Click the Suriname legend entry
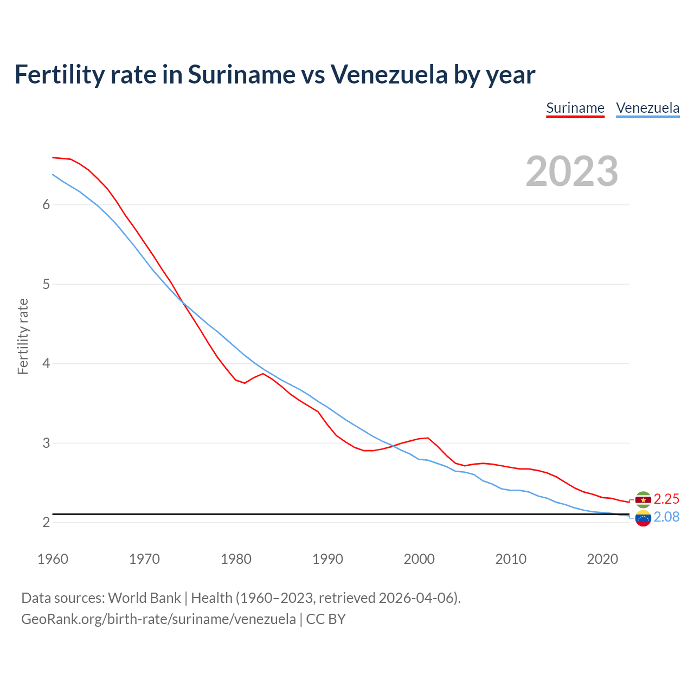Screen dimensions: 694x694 click(x=575, y=108)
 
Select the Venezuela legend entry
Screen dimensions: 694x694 click(x=647, y=108)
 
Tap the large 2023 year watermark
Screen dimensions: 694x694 click(x=571, y=171)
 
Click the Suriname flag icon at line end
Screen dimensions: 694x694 click(x=643, y=499)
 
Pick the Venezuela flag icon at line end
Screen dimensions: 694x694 click(x=643, y=518)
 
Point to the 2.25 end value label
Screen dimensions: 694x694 click(x=666, y=499)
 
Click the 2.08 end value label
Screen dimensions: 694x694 click(x=666, y=517)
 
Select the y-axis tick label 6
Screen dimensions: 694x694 click(x=46, y=205)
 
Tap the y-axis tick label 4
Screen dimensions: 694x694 click(x=46, y=364)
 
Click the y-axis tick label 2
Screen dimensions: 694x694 click(x=46, y=523)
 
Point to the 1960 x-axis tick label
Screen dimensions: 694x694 click(x=53, y=559)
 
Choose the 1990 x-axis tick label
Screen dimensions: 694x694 click(x=327, y=559)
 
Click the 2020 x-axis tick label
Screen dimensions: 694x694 click(x=602, y=559)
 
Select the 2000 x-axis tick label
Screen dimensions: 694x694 click(x=419, y=559)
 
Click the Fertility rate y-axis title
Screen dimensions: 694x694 click(x=23, y=336)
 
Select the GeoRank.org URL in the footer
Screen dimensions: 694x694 click(x=158, y=619)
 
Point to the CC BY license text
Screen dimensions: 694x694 click(x=326, y=619)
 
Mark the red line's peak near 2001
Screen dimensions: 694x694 click(x=428, y=438)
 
